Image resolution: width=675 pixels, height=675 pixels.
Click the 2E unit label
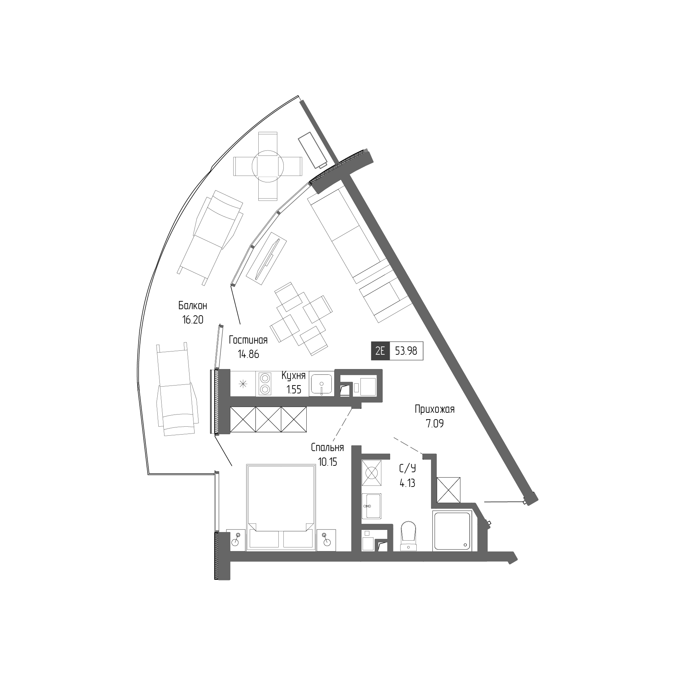click(x=380, y=351)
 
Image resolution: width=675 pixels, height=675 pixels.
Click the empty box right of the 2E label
click(x=406, y=351)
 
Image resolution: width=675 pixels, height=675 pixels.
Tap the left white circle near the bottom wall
click(x=235, y=542)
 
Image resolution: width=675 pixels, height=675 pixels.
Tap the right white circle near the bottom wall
click(x=327, y=542)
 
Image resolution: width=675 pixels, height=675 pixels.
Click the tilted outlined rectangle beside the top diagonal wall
click(x=312, y=150)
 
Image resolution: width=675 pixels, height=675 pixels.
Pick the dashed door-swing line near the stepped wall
click(x=408, y=446)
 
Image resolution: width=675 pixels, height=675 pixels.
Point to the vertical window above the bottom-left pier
click(x=217, y=502)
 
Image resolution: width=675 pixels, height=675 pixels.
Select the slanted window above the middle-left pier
click(x=219, y=347)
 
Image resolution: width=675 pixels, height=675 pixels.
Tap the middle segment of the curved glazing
click(x=265, y=229)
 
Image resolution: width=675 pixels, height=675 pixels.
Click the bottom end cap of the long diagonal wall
click(x=531, y=499)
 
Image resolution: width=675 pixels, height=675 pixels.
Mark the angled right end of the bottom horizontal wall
click(x=513, y=558)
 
